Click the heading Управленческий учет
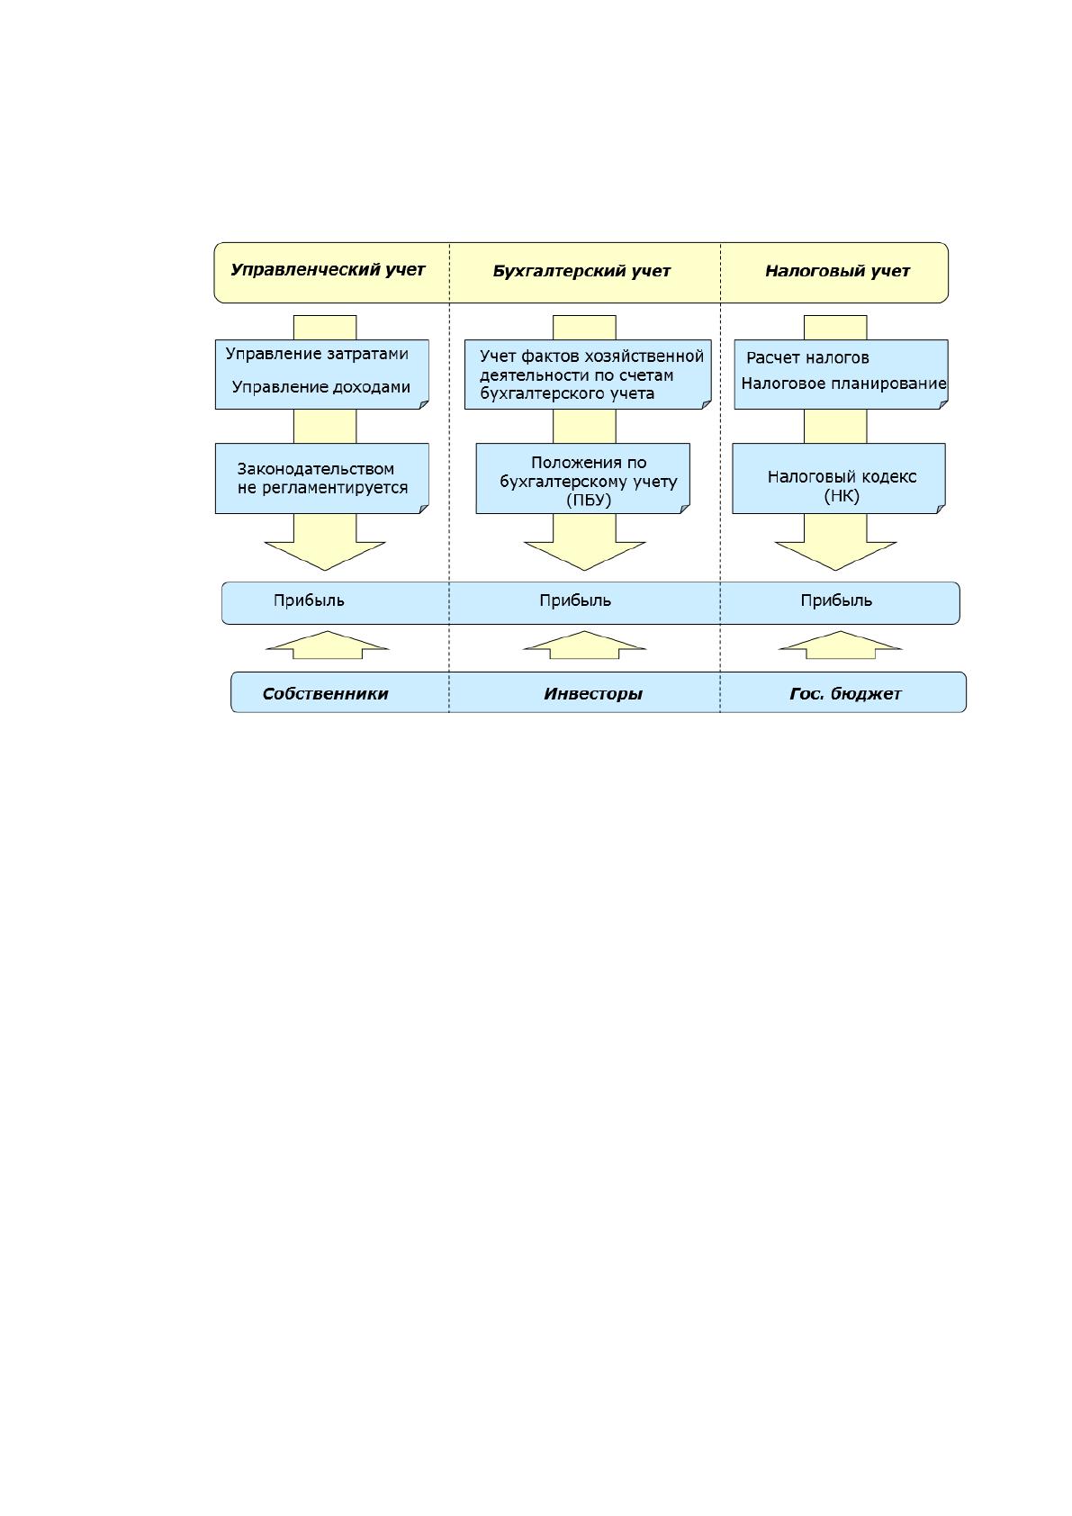point(328,270)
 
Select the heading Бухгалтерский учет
point(581,271)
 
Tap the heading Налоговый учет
point(837,271)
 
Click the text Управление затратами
point(317,354)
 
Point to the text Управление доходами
point(320,387)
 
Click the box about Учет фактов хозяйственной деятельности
point(588,374)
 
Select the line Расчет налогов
point(807,358)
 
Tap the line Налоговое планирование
point(843,384)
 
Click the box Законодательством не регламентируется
point(322,479)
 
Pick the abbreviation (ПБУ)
point(589,501)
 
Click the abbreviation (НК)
point(842,496)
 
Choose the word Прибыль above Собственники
point(309,600)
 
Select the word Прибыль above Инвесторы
point(575,600)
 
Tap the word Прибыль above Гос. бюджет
point(836,600)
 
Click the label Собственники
point(326,694)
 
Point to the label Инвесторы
point(593,694)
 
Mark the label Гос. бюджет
point(845,694)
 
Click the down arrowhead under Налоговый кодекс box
point(835,555)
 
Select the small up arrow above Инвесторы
point(585,645)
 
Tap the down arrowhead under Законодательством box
point(325,555)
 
